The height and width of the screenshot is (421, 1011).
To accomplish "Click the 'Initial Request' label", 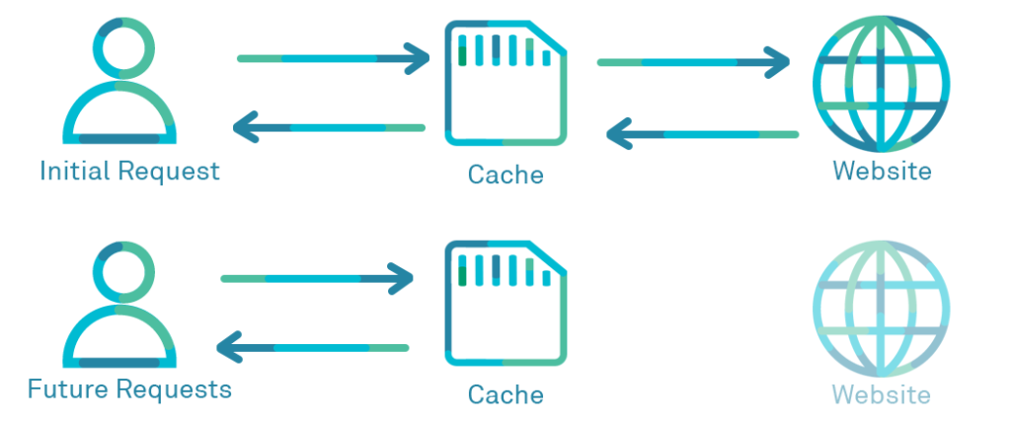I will [129, 171].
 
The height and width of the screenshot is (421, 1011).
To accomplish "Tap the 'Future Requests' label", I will [129, 388].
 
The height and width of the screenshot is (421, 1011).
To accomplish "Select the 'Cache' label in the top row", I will [505, 175].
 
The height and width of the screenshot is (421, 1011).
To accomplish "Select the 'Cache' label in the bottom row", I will [505, 395].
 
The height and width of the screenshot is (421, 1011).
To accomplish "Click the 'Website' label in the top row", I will [882, 171].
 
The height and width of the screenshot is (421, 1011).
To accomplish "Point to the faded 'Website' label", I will [882, 395].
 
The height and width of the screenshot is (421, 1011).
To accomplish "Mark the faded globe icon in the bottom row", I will [881, 305].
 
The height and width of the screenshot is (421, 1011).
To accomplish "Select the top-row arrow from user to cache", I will [333, 59].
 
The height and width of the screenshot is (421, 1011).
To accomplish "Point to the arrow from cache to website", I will [693, 63].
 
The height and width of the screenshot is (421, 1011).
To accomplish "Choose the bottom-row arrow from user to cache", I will [316, 279].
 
